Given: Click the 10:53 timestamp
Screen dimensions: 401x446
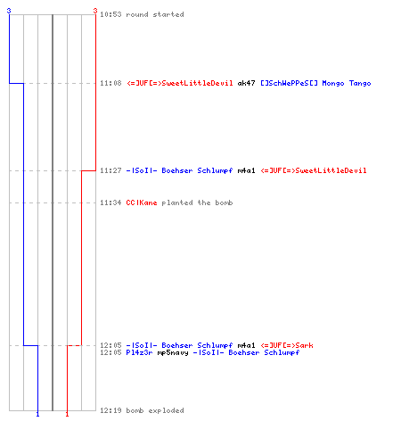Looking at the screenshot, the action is pyautogui.click(x=110, y=14).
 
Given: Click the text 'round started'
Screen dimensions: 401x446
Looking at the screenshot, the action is pyautogui.click(x=155, y=14).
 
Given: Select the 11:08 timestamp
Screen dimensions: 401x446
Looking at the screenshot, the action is pyautogui.click(x=110, y=83).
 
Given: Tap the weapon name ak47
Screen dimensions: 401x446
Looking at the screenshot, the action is pyautogui.click(x=246, y=83).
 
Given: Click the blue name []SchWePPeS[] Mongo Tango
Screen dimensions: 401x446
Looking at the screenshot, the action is pyautogui.click(x=315, y=83).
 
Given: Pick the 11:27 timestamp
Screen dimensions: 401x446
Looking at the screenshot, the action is pyautogui.click(x=110, y=170).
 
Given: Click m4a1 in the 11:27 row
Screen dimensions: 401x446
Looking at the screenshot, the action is pyautogui.click(x=246, y=170).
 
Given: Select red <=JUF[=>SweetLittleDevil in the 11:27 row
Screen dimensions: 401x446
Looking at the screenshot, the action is pyautogui.click(x=314, y=170).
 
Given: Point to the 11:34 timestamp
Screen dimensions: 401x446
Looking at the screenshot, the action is pyautogui.click(x=110, y=202).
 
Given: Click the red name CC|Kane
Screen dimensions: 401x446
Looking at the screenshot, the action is pyautogui.click(x=142, y=202).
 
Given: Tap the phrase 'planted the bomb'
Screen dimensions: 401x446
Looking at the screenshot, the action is pyautogui.click(x=197, y=202).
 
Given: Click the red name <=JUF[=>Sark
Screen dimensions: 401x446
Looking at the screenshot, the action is pyautogui.click(x=287, y=345).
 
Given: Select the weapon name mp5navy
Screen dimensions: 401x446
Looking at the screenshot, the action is pyautogui.click(x=173, y=352).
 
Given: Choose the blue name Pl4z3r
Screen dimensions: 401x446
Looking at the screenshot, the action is pyautogui.click(x=139, y=352).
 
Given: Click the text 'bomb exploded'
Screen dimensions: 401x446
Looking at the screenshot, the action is pyautogui.click(x=155, y=410).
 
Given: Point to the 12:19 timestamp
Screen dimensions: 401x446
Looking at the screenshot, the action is pyautogui.click(x=110, y=410).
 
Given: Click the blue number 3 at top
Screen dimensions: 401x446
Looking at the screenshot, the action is pyautogui.click(x=9, y=11).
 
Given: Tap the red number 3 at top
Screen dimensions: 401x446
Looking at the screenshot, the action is pyautogui.click(x=95, y=11).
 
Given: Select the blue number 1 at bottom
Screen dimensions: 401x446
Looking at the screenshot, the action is pyautogui.click(x=37, y=414).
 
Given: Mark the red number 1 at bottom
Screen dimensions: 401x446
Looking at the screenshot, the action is pyautogui.click(x=67, y=414).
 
